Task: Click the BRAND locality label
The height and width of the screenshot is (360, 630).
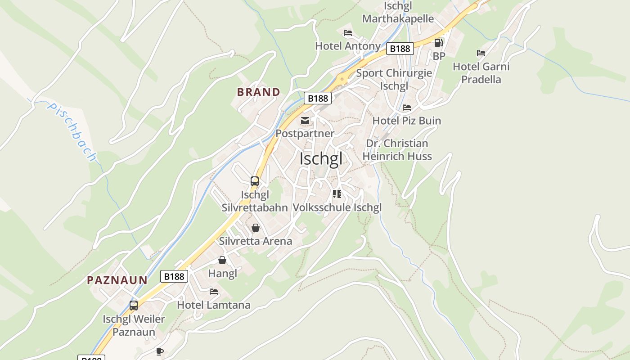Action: tap(258, 92)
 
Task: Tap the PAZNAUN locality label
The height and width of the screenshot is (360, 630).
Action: tap(117, 280)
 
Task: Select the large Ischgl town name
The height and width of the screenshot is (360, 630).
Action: tap(321, 159)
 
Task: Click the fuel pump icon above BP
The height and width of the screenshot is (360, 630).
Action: tap(438, 43)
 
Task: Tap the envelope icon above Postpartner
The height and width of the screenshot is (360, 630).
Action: tap(305, 121)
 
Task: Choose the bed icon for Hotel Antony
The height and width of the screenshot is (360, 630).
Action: tap(348, 33)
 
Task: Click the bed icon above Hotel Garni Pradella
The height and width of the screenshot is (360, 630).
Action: tap(481, 53)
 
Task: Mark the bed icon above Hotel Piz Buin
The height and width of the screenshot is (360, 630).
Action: tap(407, 108)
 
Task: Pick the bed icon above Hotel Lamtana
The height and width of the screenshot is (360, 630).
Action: tap(214, 292)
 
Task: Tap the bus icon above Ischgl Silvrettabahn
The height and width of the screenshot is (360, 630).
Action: tap(255, 181)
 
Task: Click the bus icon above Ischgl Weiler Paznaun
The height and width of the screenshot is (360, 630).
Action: tap(134, 306)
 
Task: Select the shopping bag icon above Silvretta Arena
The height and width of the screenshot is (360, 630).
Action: tap(256, 228)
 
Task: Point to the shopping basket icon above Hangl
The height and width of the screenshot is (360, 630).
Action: tap(222, 260)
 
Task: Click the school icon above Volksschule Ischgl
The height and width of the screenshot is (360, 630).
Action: tap(337, 194)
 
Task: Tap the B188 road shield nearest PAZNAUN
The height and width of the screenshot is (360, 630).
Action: tap(174, 276)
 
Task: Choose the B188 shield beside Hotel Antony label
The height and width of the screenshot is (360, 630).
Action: tap(400, 49)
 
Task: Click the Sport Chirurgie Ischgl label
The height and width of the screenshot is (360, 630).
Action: tap(394, 79)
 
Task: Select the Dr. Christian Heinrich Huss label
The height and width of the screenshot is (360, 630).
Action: tap(397, 150)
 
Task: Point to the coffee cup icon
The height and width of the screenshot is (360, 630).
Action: tap(159, 351)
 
